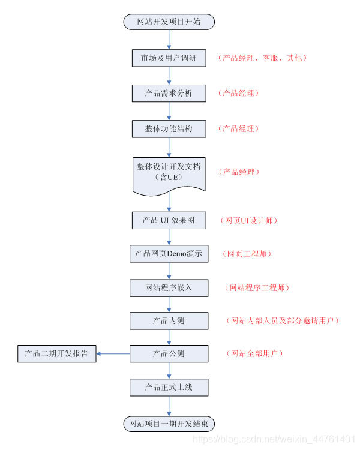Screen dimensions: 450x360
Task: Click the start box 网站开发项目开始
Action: pyautogui.click(x=169, y=22)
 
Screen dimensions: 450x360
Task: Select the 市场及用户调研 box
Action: pyautogui.click(x=169, y=58)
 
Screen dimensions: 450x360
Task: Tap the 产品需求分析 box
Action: pyautogui.click(x=169, y=93)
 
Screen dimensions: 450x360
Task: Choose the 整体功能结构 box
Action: pyautogui.click(x=169, y=128)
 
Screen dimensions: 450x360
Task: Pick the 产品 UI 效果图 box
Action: pyautogui.click(x=169, y=220)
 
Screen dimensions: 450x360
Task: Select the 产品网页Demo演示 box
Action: pyautogui.click(x=169, y=254)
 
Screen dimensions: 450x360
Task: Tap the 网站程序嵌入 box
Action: pyautogui.click(x=169, y=288)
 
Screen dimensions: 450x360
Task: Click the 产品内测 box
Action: pyautogui.click(x=169, y=321)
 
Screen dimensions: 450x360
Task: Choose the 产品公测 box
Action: pyautogui.click(x=169, y=354)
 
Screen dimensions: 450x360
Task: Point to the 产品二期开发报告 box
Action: pyautogui.click(x=57, y=354)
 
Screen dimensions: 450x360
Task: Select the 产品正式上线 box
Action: pyautogui.click(x=169, y=388)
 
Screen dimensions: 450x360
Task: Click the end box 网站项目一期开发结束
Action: pyautogui.click(x=169, y=424)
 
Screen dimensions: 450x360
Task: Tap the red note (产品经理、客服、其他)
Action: pyautogui.click(x=263, y=58)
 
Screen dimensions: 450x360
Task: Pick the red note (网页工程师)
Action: pyautogui.click(x=247, y=254)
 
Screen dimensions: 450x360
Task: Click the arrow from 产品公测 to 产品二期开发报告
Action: pyautogui.click(x=113, y=354)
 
